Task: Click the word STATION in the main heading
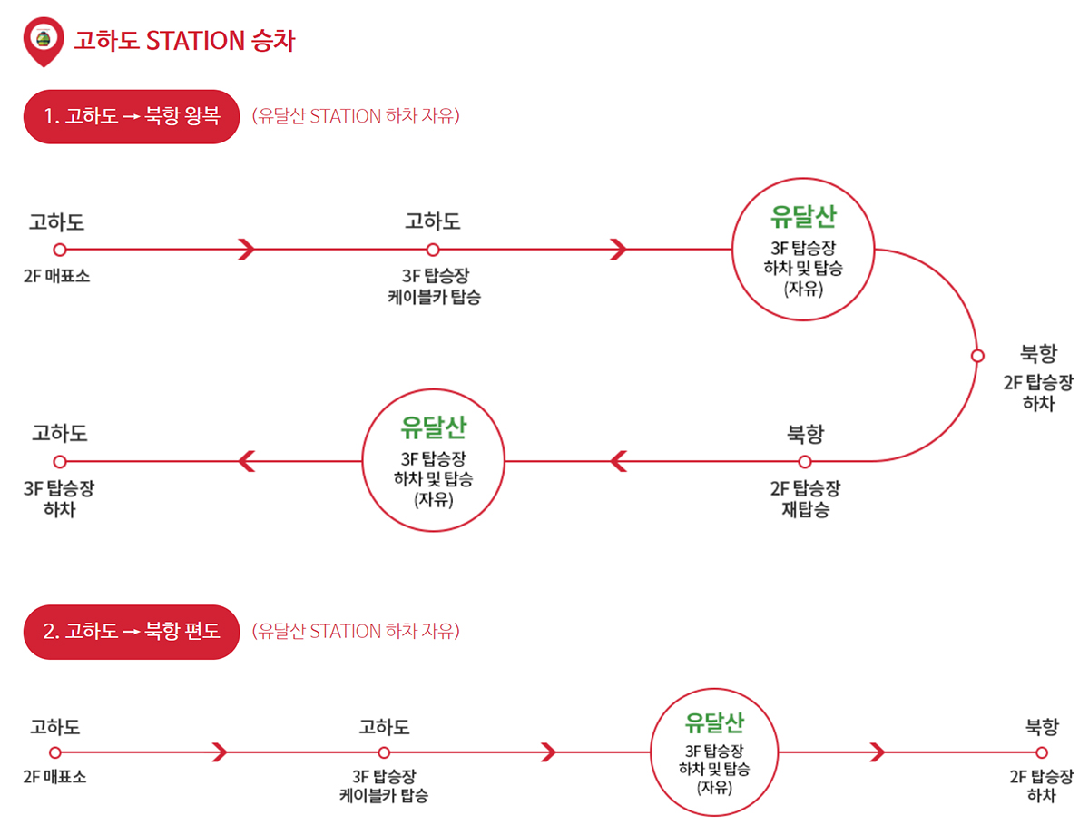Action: [195, 41]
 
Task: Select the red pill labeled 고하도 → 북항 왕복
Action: [131, 117]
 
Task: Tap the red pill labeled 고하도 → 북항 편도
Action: [131, 632]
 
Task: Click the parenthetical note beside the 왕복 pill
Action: [356, 117]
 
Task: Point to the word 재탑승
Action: [805, 509]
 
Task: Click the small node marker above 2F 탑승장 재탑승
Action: [804, 461]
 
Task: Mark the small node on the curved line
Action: [977, 356]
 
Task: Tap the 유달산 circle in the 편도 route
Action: [715, 752]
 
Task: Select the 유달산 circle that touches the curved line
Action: [803, 249]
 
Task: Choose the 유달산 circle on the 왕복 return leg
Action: [434, 461]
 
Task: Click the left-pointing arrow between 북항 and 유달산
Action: [618, 461]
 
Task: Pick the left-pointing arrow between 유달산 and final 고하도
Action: [246, 461]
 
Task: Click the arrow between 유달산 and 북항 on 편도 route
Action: [876, 752]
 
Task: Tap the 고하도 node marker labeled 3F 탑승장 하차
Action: [60, 461]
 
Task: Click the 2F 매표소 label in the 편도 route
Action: [55, 778]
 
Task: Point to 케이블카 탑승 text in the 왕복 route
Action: [434, 296]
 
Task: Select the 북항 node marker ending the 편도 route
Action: [1041, 752]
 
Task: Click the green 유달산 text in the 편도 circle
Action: [715, 723]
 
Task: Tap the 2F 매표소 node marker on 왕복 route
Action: [60, 249]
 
